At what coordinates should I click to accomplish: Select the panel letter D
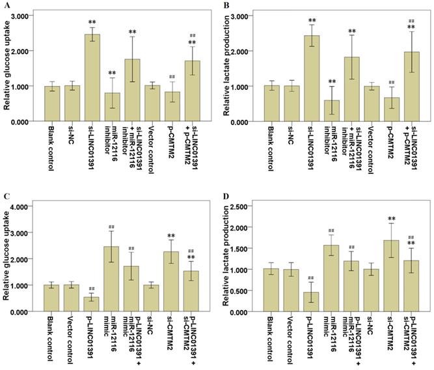(x=226, y=194)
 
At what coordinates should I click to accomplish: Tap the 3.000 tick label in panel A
(x=24, y=16)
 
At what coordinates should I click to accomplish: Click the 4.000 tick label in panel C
(x=24, y=206)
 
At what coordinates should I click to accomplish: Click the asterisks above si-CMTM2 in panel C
(x=172, y=236)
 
